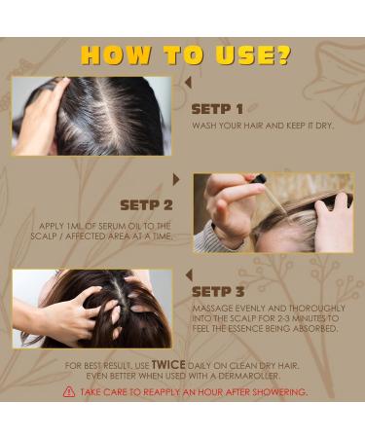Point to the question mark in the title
click(283, 54)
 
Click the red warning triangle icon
click(68, 391)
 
